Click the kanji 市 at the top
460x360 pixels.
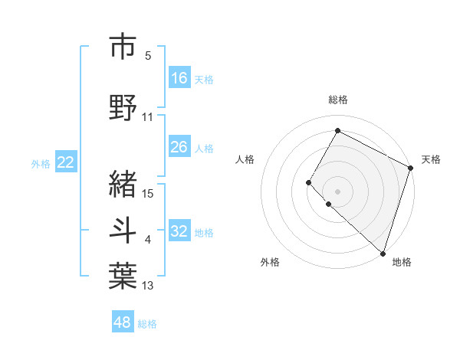tap(123, 47)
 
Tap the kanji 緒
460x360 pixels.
tap(123, 183)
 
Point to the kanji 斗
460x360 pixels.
tap(123, 231)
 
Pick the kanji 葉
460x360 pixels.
tap(123, 277)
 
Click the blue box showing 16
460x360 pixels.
tap(179, 78)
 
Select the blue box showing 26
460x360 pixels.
tap(179, 147)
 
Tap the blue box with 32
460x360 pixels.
tap(179, 231)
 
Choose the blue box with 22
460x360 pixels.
tap(66, 162)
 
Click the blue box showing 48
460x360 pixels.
tap(123, 322)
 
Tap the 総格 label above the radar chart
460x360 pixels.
tap(338, 100)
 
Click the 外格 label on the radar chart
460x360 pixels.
tap(270, 262)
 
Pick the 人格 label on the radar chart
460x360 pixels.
tap(245, 159)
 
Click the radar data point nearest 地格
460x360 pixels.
tap(383, 253)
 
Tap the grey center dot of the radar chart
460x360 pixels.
tap(337, 191)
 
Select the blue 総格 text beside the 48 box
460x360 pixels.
tap(147, 324)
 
